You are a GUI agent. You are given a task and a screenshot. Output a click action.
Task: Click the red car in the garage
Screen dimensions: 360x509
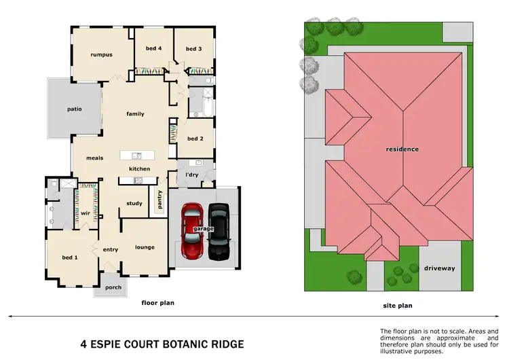tap(192, 230)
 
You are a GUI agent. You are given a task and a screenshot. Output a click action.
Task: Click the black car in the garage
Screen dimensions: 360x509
tap(219, 231)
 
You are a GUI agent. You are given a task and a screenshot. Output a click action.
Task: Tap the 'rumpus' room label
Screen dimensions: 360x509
tap(102, 54)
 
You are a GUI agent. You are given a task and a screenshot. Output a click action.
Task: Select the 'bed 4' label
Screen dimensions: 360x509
tap(153, 48)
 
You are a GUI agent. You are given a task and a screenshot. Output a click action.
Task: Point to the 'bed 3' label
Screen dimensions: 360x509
tap(193, 48)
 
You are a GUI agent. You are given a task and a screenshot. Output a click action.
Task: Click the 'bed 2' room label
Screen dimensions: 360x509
tap(195, 139)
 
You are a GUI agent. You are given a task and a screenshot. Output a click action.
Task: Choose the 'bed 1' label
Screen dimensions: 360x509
tap(70, 257)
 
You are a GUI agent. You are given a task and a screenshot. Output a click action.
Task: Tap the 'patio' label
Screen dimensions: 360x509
tap(74, 108)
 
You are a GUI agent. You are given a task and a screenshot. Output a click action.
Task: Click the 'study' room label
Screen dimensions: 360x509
tap(134, 203)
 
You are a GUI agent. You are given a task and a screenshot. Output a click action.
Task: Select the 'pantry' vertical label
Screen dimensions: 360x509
tap(159, 200)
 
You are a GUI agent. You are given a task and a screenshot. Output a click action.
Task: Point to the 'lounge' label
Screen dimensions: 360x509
tap(145, 247)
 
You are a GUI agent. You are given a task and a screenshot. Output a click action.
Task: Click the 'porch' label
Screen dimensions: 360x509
tap(113, 288)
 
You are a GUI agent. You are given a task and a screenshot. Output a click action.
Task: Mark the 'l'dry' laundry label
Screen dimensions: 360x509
tap(192, 175)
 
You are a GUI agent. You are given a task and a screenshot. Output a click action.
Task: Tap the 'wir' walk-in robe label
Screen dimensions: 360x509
tap(86, 213)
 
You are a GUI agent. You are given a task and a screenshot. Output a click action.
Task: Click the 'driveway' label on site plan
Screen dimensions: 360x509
tap(440, 268)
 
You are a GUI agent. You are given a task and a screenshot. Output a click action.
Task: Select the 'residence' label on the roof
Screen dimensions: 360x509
tap(402, 149)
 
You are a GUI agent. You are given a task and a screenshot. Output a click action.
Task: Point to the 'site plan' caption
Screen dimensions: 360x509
tap(398, 306)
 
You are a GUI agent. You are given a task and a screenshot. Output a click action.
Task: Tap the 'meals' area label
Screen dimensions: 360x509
tap(94, 158)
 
